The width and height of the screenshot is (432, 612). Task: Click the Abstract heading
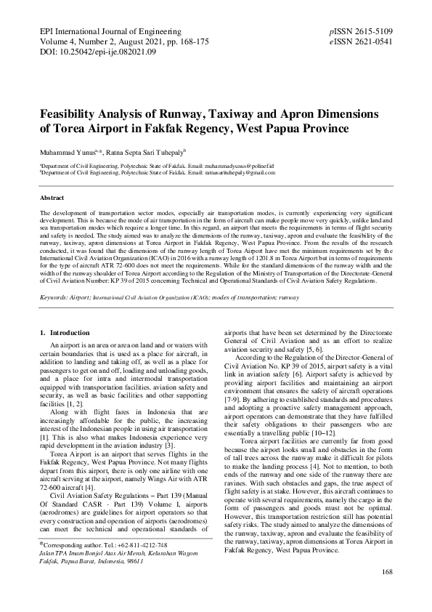(x=52, y=198)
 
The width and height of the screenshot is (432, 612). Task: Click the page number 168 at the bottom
(x=386, y=593)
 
